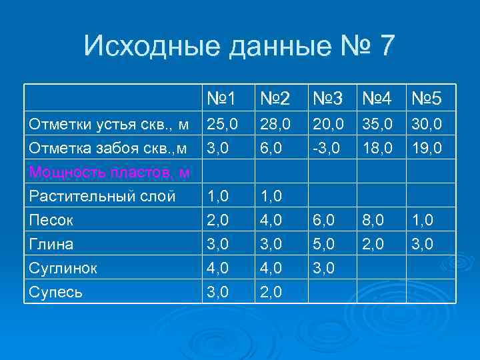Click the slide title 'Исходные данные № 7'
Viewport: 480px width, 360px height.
point(239,47)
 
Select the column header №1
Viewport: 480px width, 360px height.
point(221,99)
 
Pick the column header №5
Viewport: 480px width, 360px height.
point(426,99)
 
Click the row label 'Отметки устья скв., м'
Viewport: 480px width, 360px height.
point(108,124)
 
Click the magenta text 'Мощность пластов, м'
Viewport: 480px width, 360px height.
point(108,173)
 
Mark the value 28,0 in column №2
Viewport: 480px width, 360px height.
point(275,124)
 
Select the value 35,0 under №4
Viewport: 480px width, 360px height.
point(377,124)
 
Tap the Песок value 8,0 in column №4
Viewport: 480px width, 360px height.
point(374,220)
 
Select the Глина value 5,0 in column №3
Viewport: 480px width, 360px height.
point(323,243)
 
